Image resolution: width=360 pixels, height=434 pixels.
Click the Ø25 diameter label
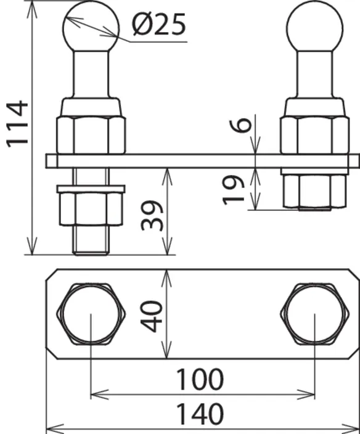click(159, 25)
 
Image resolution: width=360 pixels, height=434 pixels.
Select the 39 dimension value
click(152, 216)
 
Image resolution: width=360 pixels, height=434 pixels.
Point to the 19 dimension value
click(233, 190)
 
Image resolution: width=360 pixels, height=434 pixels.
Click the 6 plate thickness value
click(240, 125)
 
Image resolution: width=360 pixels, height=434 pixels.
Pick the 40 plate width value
click(152, 316)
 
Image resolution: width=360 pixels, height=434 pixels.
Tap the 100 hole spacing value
click(200, 380)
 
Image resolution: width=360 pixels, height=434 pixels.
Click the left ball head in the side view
click(91, 27)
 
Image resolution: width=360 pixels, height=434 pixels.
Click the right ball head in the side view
click(314, 27)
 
